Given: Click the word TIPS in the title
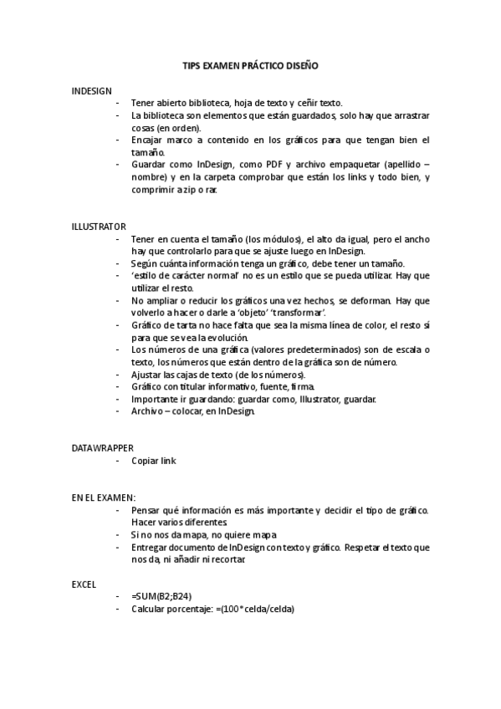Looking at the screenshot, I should click(192, 65).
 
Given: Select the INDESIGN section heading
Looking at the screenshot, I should click(92, 90).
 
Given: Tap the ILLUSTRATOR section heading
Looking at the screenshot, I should click(99, 226).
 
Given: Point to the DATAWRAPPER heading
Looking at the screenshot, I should click(102, 448).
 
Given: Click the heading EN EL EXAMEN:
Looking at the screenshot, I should click(104, 497).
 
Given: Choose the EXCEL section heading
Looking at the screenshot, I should click(84, 584).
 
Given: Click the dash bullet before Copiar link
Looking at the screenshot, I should click(118, 461).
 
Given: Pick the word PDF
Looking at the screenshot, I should click(278, 165).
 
